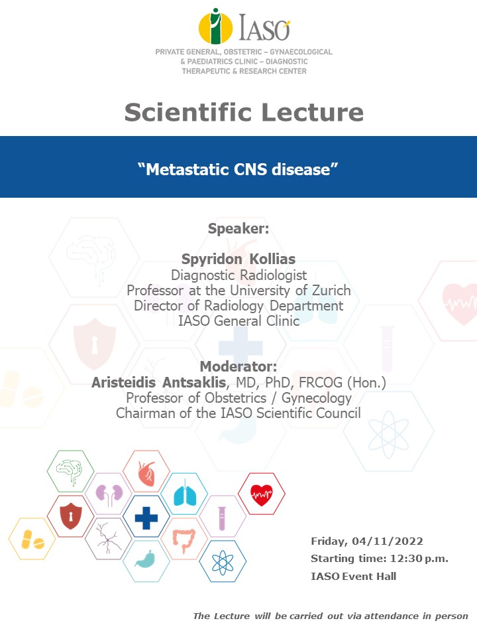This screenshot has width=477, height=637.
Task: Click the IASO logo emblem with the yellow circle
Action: (x=215, y=26)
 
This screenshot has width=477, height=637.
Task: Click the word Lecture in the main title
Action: (x=312, y=112)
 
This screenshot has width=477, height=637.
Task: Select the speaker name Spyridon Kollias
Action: (x=238, y=259)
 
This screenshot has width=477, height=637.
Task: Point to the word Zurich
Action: (x=331, y=291)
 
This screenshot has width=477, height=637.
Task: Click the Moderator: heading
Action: (x=238, y=366)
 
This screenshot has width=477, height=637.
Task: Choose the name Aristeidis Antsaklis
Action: (x=158, y=382)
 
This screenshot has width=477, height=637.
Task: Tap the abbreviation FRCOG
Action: (x=321, y=383)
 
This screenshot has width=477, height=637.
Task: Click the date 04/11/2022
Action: (x=388, y=541)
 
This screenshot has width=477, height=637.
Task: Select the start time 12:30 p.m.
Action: (x=419, y=559)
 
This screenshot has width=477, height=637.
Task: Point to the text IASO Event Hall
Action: (x=353, y=576)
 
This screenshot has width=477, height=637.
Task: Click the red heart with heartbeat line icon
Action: (x=262, y=494)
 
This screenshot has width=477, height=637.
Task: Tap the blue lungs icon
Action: (x=185, y=494)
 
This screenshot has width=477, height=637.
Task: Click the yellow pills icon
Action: (x=32, y=539)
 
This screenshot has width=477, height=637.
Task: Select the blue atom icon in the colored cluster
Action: (x=223, y=563)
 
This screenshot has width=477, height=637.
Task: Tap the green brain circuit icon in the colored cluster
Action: (x=70, y=470)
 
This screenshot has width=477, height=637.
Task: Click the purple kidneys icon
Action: (x=109, y=494)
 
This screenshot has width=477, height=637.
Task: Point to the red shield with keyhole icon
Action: (x=71, y=516)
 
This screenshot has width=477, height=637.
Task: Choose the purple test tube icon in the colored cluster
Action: (x=221, y=518)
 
